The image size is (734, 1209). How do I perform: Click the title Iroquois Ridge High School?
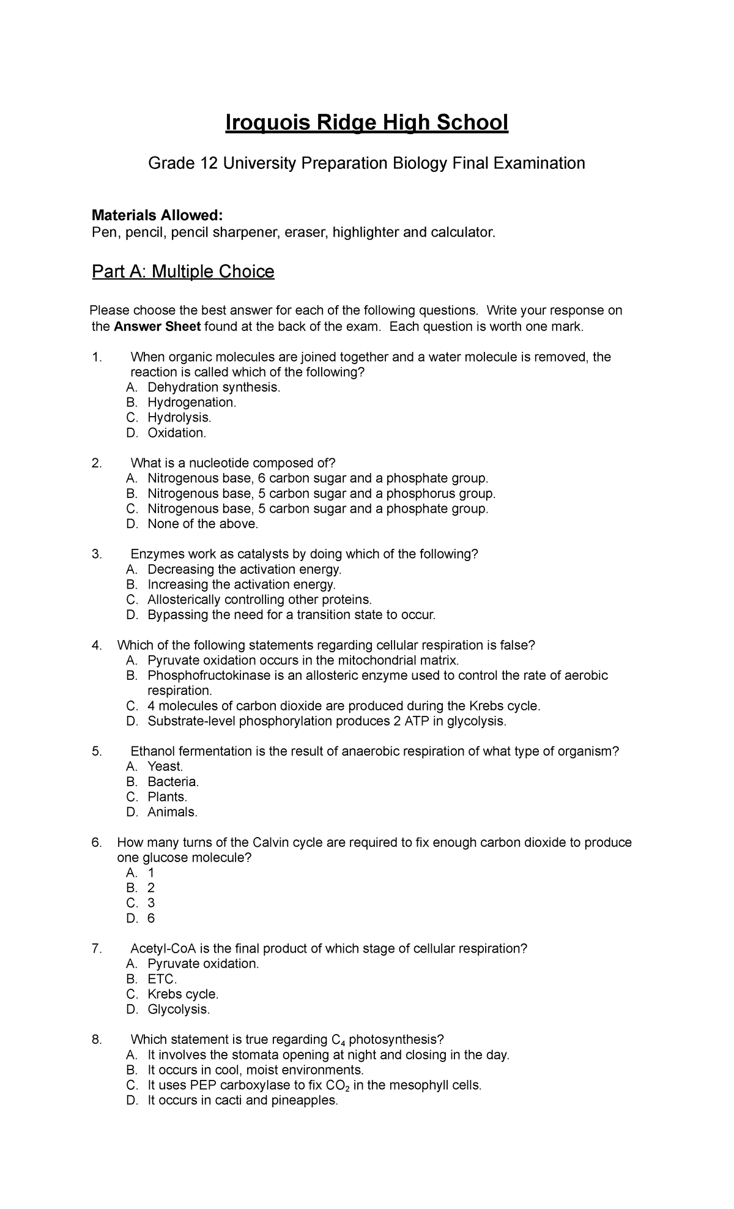click(x=367, y=123)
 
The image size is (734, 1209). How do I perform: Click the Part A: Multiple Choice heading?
click(x=183, y=272)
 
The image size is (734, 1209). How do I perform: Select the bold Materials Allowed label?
click(x=157, y=215)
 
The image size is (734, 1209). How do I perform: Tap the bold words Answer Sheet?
click(x=157, y=327)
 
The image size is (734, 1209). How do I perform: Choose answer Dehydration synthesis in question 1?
click(x=214, y=387)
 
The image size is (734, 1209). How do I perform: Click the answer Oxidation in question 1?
click(x=177, y=433)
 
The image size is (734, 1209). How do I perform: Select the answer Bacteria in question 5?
click(x=173, y=782)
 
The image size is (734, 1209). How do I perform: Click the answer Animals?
click(x=172, y=813)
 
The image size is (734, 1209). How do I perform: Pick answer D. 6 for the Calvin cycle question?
click(x=150, y=918)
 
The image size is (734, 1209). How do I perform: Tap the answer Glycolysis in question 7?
click(x=179, y=1010)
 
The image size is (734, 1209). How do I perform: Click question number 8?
click(x=96, y=1040)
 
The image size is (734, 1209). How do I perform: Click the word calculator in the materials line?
click(x=462, y=232)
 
